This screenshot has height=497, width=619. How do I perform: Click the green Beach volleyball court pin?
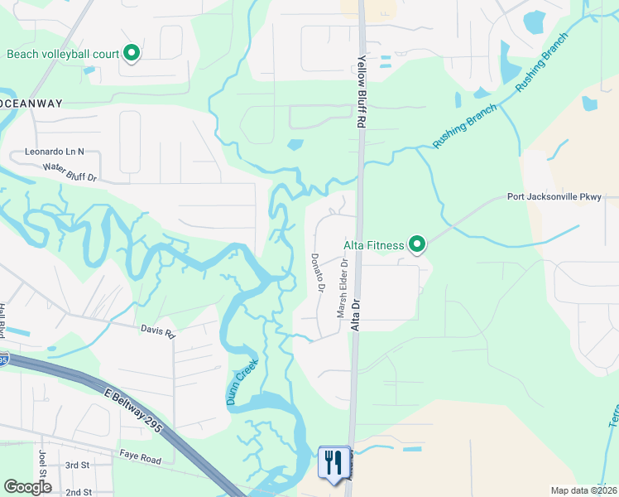pos(132,54)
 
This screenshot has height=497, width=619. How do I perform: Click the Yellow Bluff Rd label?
pos(362,92)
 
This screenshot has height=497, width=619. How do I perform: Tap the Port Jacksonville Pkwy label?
pos(562,198)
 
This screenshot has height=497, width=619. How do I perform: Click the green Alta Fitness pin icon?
pos(418,244)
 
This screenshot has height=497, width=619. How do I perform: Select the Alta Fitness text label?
pos(374,245)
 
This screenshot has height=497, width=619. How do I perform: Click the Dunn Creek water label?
pos(242,382)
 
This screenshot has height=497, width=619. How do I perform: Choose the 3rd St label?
pos(77,466)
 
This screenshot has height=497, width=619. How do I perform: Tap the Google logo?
pos(27,487)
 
